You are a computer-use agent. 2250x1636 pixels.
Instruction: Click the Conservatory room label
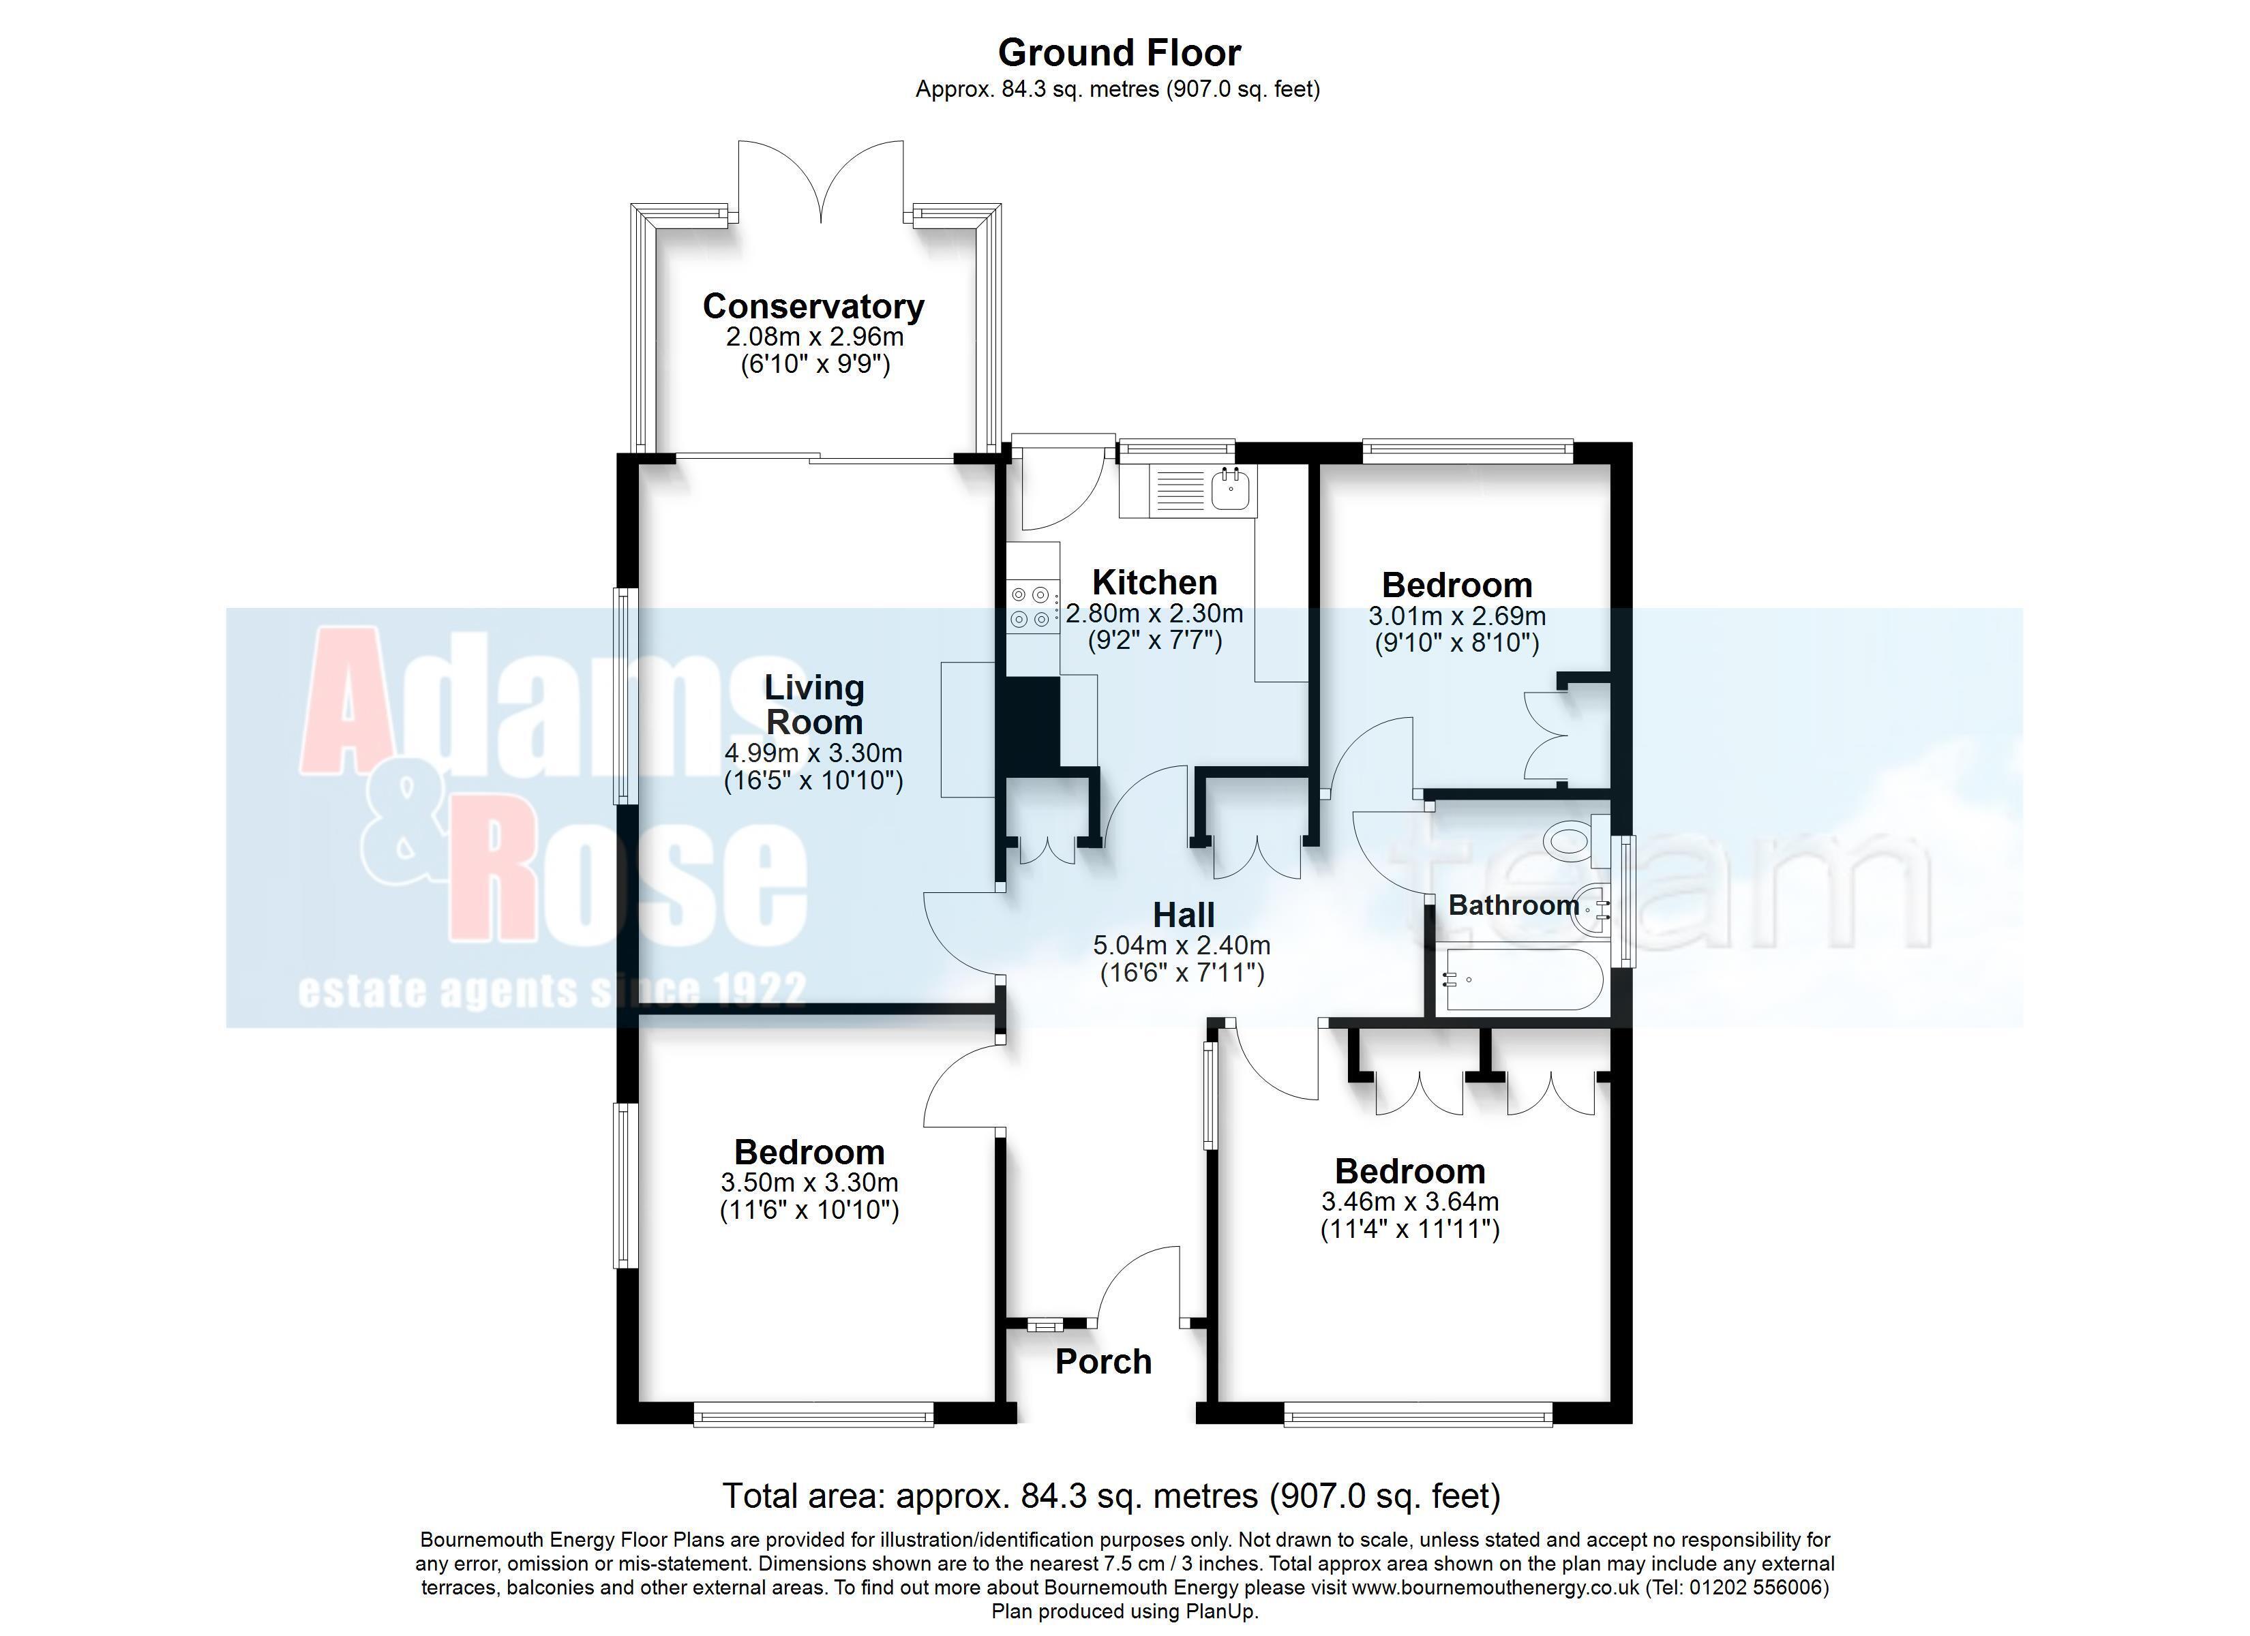tap(813, 307)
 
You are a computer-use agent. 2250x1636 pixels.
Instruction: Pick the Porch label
tap(1103, 1361)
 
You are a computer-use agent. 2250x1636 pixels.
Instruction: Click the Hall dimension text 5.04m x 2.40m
tap(1182, 945)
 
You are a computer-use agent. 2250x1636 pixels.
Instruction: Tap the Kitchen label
tap(1155, 582)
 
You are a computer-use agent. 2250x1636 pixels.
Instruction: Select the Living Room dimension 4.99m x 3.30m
tap(813, 753)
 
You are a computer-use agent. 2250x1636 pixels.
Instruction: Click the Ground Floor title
tap(1119, 52)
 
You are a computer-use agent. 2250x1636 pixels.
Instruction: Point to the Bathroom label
tap(1514, 905)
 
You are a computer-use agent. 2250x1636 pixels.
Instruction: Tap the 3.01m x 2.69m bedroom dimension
tap(1457, 616)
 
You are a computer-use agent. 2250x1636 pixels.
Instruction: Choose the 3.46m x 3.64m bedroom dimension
tap(1410, 1202)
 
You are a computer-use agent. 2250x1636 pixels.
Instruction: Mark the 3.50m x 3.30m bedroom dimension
tap(809, 1183)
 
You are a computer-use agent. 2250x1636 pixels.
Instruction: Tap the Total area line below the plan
tap(1111, 1495)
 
